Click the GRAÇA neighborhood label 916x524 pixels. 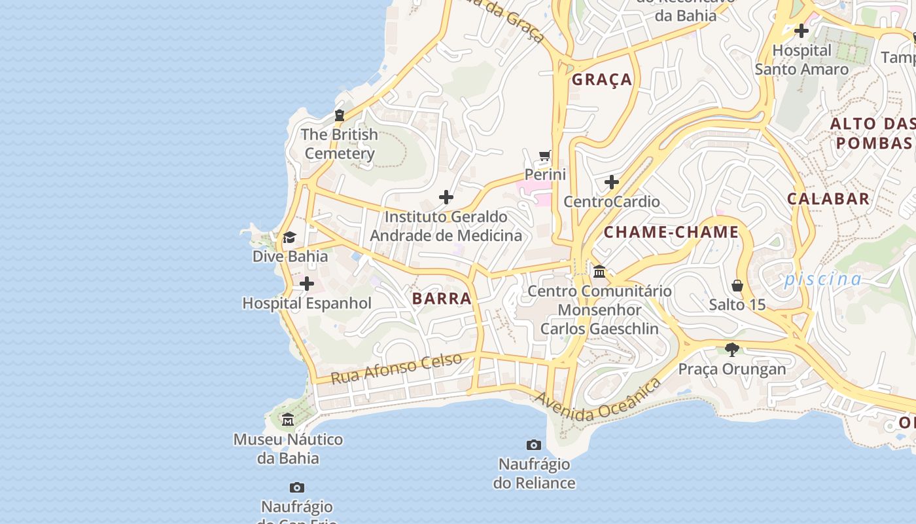pos(602,80)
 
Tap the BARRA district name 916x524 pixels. pos(442,299)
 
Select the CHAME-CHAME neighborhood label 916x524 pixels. pos(671,232)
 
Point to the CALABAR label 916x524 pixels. pos(828,199)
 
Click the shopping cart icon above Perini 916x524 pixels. pos(544,156)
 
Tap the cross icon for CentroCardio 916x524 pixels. pos(612,182)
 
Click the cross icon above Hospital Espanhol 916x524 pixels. pos(306,284)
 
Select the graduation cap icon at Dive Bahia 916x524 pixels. pos(289,237)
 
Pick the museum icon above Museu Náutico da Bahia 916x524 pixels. pos(288,419)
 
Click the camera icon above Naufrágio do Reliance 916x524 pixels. pos(534,445)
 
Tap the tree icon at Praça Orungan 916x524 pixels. pos(732,350)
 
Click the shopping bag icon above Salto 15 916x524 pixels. pos(737,286)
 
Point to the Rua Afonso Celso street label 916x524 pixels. pos(396,369)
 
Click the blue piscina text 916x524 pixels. pos(823,279)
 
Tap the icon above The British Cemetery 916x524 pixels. pos(339,115)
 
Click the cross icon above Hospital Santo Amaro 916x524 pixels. pos(801,31)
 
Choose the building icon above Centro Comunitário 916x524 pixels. pos(599,271)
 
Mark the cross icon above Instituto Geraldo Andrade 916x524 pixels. pos(446,197)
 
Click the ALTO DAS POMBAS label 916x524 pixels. pos(873,133)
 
